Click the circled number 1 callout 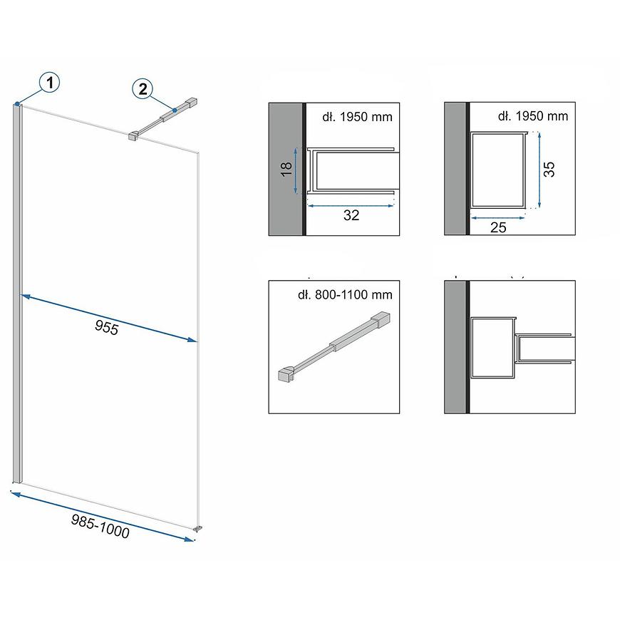click(49, 83)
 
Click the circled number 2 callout click(143, 88)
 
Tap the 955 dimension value click(107, 327)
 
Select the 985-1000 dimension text click(100, 527)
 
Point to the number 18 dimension click(286, 169)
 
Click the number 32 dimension click(351, 215)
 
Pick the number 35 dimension click(549, 169)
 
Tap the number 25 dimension click(498, 227)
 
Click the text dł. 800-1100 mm click(345, 294)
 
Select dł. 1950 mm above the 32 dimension click(357, 117)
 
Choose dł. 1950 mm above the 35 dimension click(532, 116)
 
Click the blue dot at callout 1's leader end click(17, 104)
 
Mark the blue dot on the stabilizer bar click(175, 110)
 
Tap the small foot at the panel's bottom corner click(197, 528)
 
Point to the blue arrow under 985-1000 click(103, 517)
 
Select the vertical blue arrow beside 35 click(539, 170)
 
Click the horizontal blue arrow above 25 click(497, 217)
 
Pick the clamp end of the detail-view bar click(286, 375)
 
